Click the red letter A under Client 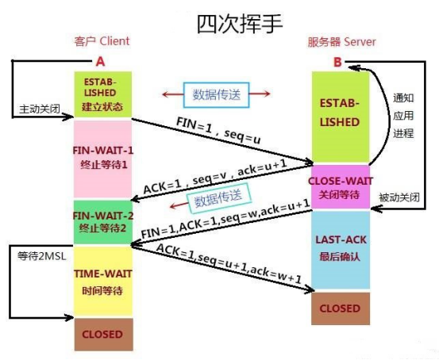tap(100, 60)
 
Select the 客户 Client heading tap(101, 40)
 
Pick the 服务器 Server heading tap(342, 40)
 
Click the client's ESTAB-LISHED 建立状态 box tap(102, 94)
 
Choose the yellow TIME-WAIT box tap(102, 279)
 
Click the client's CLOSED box tap(102, 334)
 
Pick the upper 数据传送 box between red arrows tap(214, 94)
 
